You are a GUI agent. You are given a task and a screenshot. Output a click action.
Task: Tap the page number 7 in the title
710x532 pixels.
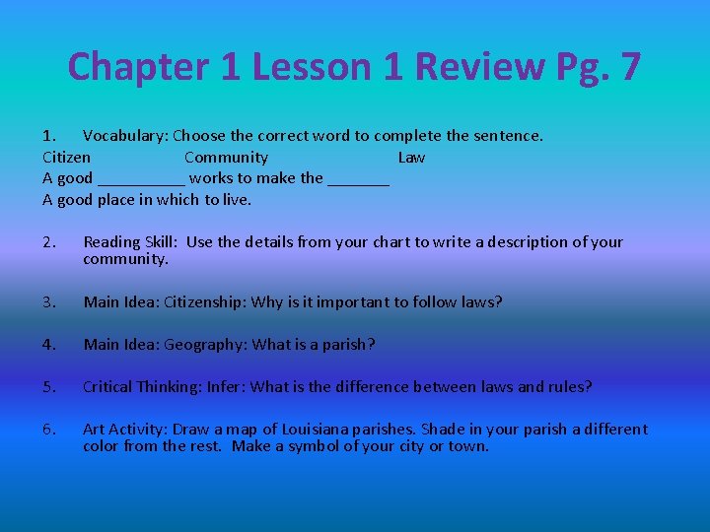tap(629, 67)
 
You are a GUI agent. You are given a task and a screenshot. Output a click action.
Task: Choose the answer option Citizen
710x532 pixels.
tap(67, 157)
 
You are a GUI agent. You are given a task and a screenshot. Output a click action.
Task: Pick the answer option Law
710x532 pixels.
tap(411, 157)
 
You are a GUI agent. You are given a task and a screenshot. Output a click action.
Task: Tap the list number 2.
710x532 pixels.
tap(49, 242)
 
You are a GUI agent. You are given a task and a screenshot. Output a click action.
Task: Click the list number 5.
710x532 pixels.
tap(49, 387)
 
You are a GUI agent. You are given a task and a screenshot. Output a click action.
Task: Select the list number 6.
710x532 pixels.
tap(49, 430)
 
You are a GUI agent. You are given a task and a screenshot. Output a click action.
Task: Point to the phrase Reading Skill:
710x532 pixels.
tap(131, 242)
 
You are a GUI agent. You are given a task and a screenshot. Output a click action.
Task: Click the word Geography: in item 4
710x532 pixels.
tap(205, 345)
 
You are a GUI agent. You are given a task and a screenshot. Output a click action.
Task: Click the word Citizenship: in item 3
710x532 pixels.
tap(205, 302)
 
